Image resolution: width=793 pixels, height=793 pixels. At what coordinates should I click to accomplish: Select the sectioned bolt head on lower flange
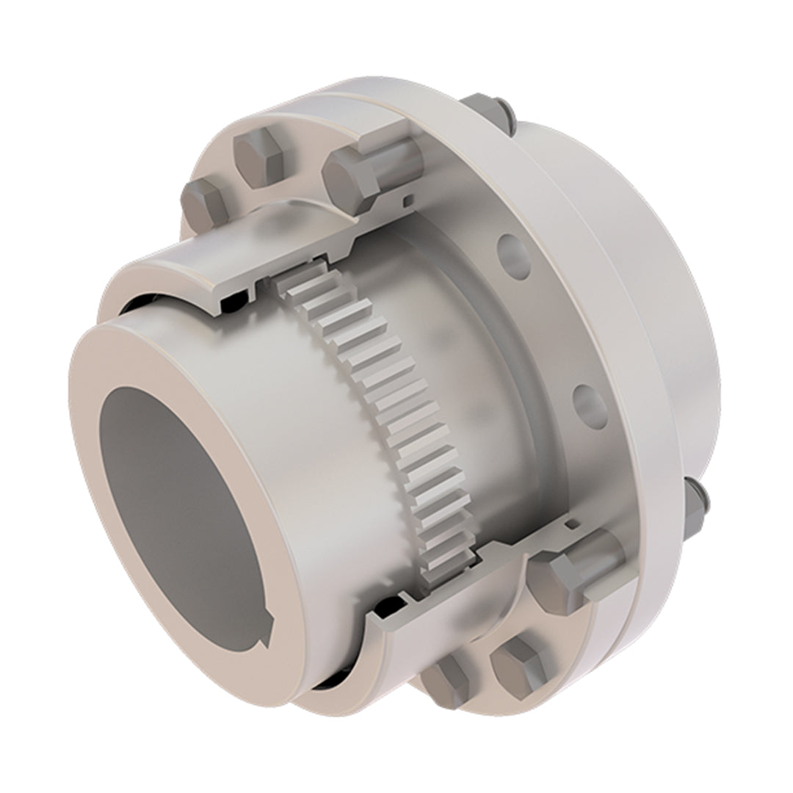[558, 580]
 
